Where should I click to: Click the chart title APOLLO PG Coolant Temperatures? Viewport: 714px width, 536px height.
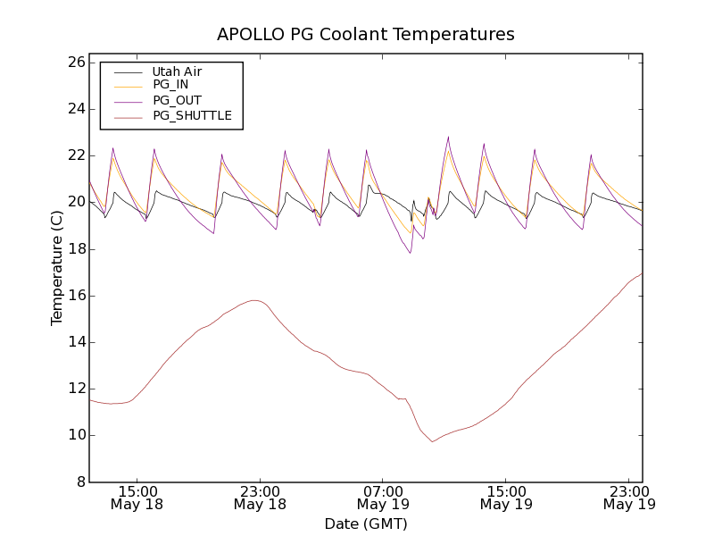366,35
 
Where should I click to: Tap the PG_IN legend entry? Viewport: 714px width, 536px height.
170,85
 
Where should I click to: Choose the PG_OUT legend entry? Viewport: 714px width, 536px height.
177,100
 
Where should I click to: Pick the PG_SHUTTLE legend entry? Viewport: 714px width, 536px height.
192,115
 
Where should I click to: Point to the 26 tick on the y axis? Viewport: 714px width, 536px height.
75,63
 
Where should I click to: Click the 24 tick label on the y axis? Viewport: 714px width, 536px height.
75,109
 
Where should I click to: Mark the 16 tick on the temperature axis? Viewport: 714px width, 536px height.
75,296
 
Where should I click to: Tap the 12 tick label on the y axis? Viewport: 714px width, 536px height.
75,389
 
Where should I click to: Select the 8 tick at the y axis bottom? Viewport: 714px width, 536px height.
79,482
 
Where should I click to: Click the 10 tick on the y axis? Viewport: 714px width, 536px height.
75,435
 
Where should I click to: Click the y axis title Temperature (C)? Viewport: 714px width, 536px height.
57,267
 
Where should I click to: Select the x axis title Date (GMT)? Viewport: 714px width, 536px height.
366,523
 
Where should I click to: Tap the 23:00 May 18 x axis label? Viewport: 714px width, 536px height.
260,498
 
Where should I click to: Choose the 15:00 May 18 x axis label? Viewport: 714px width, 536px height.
137,498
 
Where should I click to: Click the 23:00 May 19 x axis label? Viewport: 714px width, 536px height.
629,498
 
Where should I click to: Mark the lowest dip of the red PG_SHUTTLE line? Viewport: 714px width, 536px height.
433,441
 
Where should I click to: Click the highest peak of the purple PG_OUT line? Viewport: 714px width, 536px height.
448,137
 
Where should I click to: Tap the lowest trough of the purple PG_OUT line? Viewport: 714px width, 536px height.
411,253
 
